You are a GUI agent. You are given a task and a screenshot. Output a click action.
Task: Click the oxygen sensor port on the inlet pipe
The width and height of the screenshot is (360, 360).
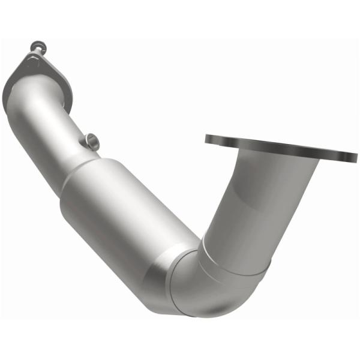[x=91, y=141]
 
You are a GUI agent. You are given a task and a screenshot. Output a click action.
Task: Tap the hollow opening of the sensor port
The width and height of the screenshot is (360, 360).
[x=94, y=139]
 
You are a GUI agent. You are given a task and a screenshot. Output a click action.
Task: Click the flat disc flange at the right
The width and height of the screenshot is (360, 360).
[x=282, y=146]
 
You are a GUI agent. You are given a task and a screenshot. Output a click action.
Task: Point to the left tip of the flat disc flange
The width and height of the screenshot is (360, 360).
[x=206, y=139]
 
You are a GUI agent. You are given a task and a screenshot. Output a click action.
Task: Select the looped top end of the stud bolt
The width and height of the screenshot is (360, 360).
[x=37, y=45]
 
